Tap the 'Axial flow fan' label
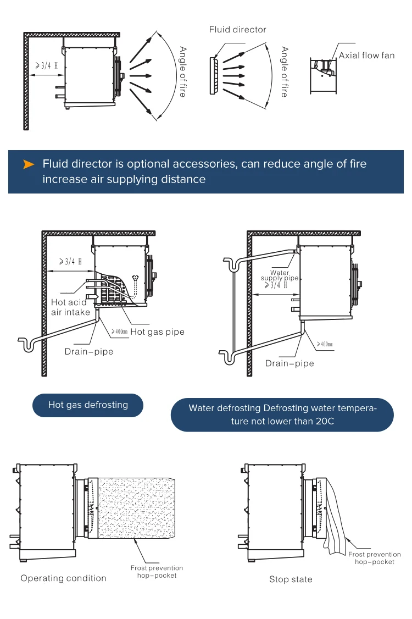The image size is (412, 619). (366, 55)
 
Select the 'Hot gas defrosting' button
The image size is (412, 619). (88, 405)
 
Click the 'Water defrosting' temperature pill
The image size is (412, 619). (282, 414)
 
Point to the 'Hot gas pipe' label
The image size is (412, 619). (157, 331)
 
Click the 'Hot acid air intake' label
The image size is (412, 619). (69, 307)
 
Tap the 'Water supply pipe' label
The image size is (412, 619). (280, 275)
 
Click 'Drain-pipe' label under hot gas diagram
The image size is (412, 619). (89, 351)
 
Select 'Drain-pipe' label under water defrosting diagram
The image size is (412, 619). (289, 363)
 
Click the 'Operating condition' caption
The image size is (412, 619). (63, 578)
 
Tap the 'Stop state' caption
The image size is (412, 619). (291, 579)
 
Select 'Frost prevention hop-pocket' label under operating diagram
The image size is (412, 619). (157, 571)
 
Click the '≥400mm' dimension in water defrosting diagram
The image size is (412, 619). (325, 344)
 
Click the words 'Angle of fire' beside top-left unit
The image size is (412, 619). (183, 72)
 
